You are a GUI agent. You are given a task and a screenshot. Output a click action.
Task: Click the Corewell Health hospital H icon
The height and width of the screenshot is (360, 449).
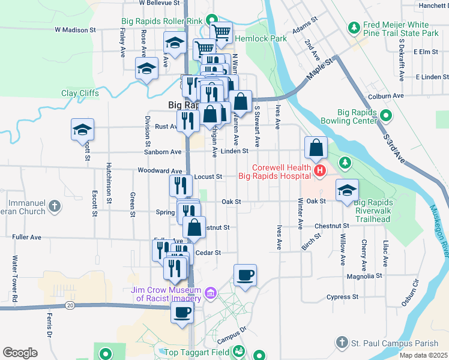click(x=319, y=172)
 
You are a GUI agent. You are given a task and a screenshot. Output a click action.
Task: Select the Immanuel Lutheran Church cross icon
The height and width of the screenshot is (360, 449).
click(x=54, y=207)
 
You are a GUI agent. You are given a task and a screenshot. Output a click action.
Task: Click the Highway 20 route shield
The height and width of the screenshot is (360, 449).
click(x=70, y=305)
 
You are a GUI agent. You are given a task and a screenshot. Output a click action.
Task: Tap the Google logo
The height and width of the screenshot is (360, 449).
click(x=20, y=352)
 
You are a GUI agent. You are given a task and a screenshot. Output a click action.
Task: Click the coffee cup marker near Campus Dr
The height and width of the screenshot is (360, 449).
click(x=245, y=276)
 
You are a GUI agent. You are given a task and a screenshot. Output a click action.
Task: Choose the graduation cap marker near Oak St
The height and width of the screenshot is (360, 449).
click(x=347, y=191)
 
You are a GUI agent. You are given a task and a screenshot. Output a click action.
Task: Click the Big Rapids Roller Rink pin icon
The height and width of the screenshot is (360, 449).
click(x=210, y=20)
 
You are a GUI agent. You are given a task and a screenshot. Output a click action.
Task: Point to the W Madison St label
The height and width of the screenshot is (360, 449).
click(x=75, y=29)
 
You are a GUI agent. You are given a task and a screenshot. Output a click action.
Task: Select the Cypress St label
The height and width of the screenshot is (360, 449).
click(x=342, y=296)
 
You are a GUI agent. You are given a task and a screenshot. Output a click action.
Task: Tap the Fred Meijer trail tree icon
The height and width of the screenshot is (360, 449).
click(x=354, y=28)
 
